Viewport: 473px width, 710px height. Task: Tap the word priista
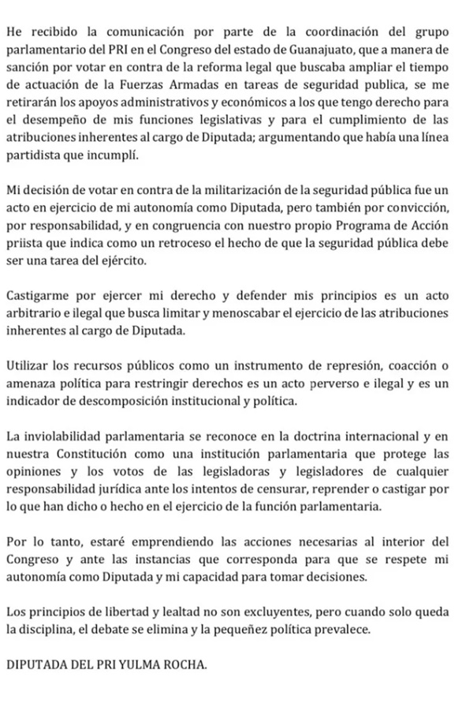click(x=26, y=246)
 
